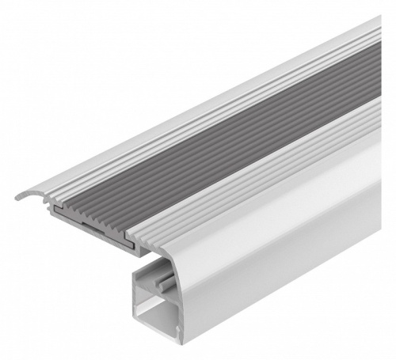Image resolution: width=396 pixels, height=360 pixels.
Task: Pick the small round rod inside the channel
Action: pyautogui.click(x=165, y=282)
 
